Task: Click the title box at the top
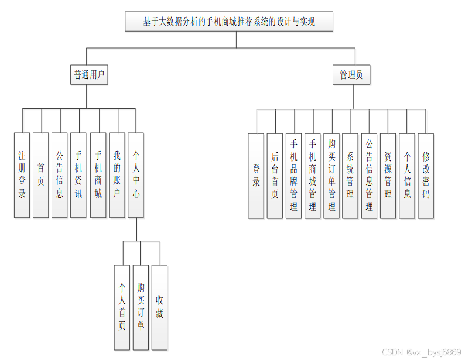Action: (x=230, y=22)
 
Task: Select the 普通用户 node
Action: (x=89, y=75)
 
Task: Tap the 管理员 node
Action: (x=351, y=75)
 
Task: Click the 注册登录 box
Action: (x=22, y=175)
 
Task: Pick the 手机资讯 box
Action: (x=78, y=175)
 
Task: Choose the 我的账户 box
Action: (x=117, y=175)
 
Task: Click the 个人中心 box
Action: (x=136, y=175)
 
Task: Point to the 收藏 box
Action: (x=159, y=307)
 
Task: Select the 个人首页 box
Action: (x=122, y=307)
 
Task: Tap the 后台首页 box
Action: (x=275, y=176)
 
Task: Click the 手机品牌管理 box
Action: (x=293, y=176)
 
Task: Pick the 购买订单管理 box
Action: (x=331, y=176)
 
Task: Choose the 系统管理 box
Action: (x=350, y=176)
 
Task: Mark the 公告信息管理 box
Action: (x=369, y=176)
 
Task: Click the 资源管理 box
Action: (x=388, y=176)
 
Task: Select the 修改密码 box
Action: (x=426, y=176)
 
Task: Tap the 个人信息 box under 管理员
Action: (x=407, y=176)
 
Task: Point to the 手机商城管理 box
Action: (x=312, y=176)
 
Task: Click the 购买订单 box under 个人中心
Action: (x=141, y=307)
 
